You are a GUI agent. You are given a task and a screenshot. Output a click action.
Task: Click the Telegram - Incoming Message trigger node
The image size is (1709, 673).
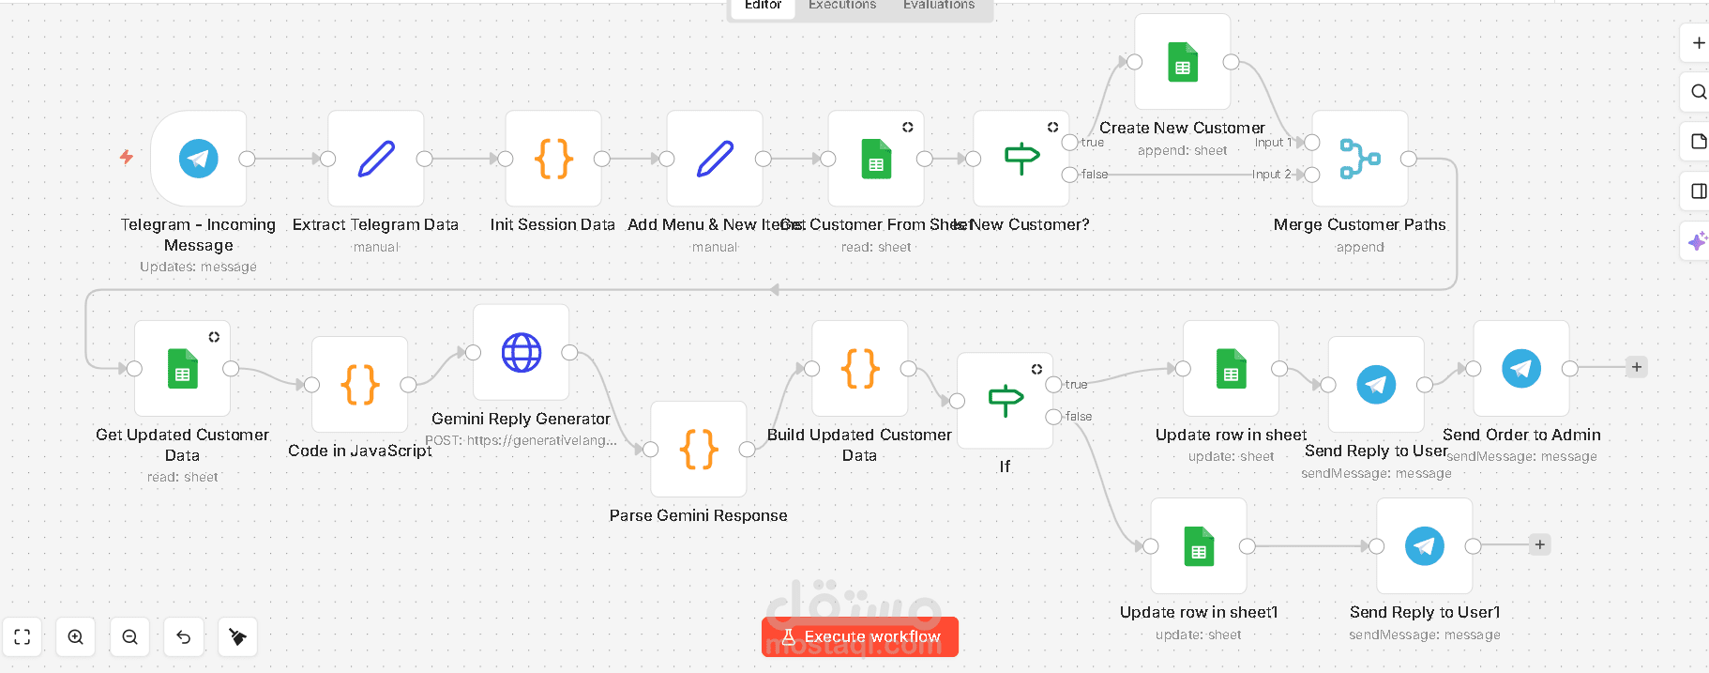pyautogui.click(x=199, y=159)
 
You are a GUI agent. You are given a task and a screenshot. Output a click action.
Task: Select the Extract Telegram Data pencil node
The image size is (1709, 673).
pyautogui.click(x=376, y=159)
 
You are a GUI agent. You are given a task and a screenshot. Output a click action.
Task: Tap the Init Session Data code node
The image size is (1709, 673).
pyautogui.click(x=553, y=159)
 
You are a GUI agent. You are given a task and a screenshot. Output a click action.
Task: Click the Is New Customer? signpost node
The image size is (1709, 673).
pyautogui.click(x=1021, y=159)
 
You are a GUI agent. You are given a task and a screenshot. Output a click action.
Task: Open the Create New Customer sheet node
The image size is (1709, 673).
pyautogui.click(x=1183, y=62)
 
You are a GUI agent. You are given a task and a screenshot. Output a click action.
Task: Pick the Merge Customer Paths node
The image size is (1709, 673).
pyautogui.click(x=1360, y=159)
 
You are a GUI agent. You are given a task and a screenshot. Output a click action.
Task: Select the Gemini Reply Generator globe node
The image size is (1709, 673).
pyautogui.click(x=522, y=353)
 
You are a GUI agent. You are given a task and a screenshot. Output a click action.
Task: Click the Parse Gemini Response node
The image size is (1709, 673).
pyautogui.click(x=699, y=450)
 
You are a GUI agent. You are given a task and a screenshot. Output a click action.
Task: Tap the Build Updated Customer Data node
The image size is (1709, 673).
pyautogui.click(x=860, y=369)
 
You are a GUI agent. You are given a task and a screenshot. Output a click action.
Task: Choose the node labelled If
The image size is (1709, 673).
pyautogui.click(x=1006, y=401)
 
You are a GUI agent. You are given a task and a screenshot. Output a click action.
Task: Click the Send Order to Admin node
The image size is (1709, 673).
pyautogui.click(x=1521, y=369)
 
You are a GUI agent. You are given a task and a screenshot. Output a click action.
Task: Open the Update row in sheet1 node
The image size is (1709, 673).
pyautogui.click(x=1199, y=546)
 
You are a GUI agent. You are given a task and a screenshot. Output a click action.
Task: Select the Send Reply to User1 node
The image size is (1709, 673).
pyautogui.click(x=1425, y=546)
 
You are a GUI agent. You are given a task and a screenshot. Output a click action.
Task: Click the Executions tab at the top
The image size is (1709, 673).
pyautogui.click(x=842, y=6)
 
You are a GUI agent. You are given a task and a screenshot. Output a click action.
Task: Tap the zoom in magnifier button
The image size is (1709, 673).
pyautogui.click(x=76, y=637)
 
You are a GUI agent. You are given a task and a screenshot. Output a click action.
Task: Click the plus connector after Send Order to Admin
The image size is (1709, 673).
pyautogui.click(x=1637, y=367)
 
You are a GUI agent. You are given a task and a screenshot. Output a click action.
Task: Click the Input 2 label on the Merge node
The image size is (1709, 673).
pyautogui.click(x=1271, y=175)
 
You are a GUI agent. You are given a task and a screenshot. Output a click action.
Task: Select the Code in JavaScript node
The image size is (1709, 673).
pyautogui.click(x=360, y=385)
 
